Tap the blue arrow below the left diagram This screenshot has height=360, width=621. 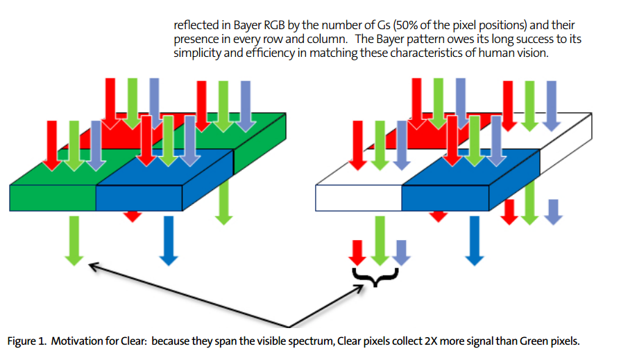click(x=167, y=239)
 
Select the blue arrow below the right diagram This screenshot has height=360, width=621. click(x=474, y=239)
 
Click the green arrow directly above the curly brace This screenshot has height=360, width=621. click(x=379, y=239)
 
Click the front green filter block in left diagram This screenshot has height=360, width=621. click(x=53, y=197)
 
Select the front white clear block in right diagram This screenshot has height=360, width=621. click(x=359, y=197)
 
